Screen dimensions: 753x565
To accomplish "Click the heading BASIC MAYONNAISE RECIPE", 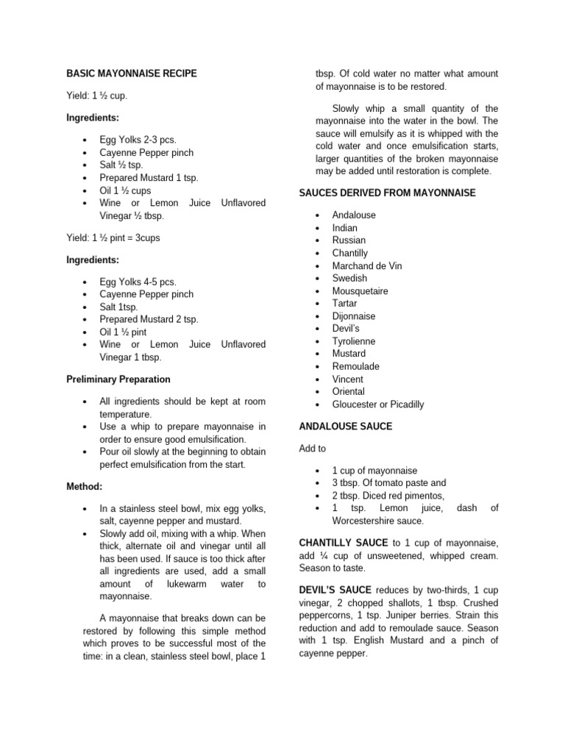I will (x=132, y=74).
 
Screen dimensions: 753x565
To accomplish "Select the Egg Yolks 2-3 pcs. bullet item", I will (x=138, y=140).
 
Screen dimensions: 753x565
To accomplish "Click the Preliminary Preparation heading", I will (x=118, y=379).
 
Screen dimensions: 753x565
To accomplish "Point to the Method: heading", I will (x=85, y=487).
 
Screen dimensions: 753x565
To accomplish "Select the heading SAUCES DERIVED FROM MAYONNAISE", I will (x=387, y=193).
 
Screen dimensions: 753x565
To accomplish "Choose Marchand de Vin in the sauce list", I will (x=367, y=265).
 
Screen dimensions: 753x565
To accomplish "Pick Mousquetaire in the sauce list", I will (x=360, y=290).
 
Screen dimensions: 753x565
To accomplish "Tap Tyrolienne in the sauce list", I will (x=353, y=341).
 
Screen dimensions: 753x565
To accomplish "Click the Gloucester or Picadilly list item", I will (x=377, y=404).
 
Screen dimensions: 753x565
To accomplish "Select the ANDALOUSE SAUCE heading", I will (x=346, y=427).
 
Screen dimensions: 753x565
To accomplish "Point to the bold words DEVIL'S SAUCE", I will (x=335, y=590).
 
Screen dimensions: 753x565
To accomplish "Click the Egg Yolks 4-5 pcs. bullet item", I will (x=138, y=282).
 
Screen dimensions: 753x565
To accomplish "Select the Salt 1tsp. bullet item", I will (x=118, y=307).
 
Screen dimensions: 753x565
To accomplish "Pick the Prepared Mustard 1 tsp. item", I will (x=149, y=177).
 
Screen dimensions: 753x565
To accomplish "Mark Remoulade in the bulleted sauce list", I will (x=355, y=366).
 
